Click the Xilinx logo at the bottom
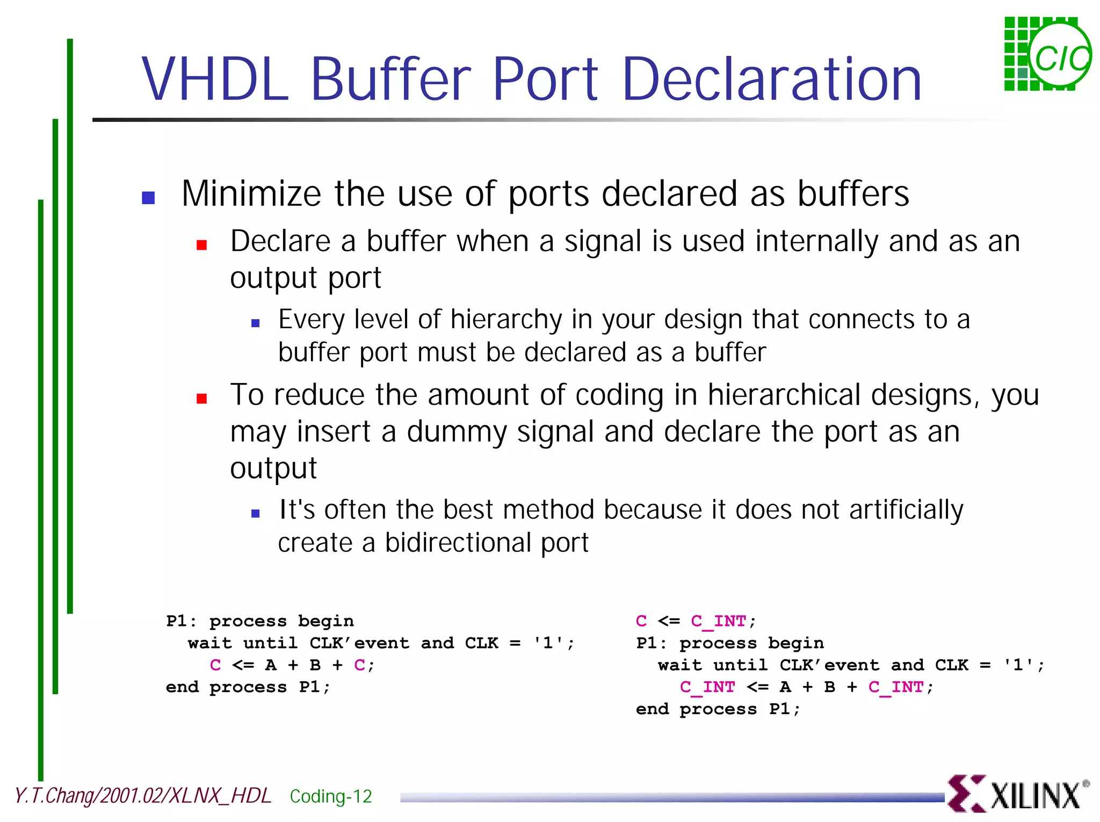coord(1018,794)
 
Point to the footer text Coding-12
coord(331,796)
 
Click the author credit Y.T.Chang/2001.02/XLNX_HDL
coord(142,796)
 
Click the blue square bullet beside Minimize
coord(148,198)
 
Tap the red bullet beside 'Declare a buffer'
coord(202,245)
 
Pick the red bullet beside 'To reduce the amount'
coord(202,398)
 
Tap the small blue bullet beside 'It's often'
coord(256,514)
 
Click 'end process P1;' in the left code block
coord(248,687)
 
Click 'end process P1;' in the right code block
coord(718,709)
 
